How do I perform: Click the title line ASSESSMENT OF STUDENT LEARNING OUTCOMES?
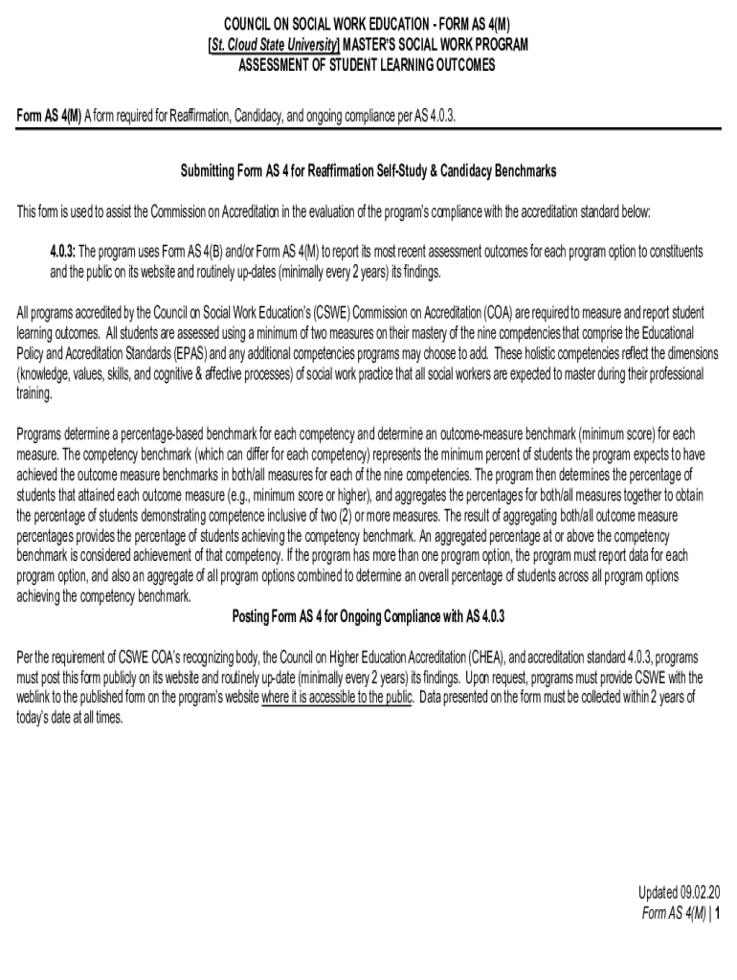(x=368, y=65)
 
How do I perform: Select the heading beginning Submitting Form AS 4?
(x=368, y=170)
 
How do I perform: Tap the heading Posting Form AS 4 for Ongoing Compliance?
(x=368, y=614)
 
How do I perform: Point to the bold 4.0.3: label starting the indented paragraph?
(x=62, y=252)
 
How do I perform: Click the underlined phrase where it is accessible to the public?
(x=337, y=698)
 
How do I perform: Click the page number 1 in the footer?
(x=716, y=914)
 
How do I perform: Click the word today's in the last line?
(x=35, y=718)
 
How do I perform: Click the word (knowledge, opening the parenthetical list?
(x=49, y=374)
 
